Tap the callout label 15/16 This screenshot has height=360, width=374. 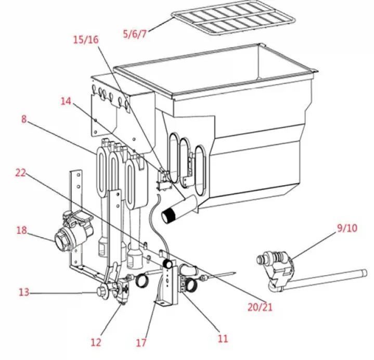pyautogui.click(x=85, y=40)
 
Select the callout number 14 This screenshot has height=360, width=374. pyautogui.click(x=66, y=101)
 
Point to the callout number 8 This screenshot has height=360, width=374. pyautogui.click(x=24, y=119)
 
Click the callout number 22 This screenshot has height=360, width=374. pyautogui.click(x=21, y=174)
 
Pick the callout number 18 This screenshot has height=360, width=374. pyautogui.click(x=21, y=230)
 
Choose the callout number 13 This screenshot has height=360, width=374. pyautogui.click(x=23, y=292)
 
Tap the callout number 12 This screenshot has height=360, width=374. pyautogui.click(x=96, y=342)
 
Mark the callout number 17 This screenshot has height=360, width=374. pyautogui.click(x=141, y=343)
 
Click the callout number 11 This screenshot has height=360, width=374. pyautogui.click(x=223, y=339)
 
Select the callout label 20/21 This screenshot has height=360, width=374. pyautogui.click(x=260, y=307)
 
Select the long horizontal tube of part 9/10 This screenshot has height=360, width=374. pyautogui.click(x=328, y=279)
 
